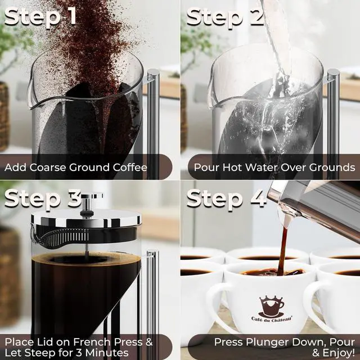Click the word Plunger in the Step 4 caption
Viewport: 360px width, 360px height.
click(x=259, y=341)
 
